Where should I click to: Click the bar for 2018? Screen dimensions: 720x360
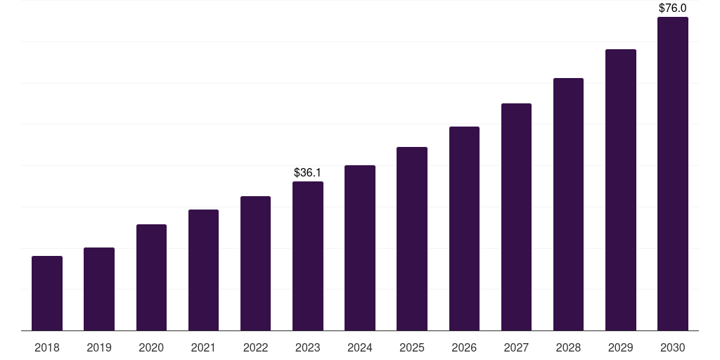[x=47, y=293]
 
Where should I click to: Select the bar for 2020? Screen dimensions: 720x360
[x=152, y=277]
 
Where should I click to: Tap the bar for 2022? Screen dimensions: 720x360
[x=255, y=264]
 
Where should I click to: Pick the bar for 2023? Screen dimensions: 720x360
[x=308, y=256]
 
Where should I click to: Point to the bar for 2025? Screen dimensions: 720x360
[x=412, y=239]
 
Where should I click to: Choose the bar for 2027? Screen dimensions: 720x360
[x=516, y=217]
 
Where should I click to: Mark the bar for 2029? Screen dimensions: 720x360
[x=621, y=190]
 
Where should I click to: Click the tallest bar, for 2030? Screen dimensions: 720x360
[x=673, y=174]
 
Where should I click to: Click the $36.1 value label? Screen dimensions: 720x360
[x=308, y=173]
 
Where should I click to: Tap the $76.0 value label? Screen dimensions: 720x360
[x=673, y=8]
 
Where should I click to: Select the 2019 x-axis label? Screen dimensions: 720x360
[x=99, y=348]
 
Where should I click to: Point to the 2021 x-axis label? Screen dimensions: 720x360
[x=203, y=348]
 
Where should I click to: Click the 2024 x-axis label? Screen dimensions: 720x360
[x=360, y=348]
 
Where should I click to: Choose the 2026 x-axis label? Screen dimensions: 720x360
[x=464, y=348]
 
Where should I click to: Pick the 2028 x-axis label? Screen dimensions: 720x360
[x=568, y=348]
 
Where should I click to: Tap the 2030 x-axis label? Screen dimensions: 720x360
[x=673, y=348]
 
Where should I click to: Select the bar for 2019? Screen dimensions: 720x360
[x=99, y=289]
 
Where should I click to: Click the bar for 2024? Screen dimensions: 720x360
[x=360, y=248]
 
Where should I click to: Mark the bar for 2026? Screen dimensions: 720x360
[x=464, y=229]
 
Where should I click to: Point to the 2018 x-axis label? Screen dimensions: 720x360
[x=47, y=348]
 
